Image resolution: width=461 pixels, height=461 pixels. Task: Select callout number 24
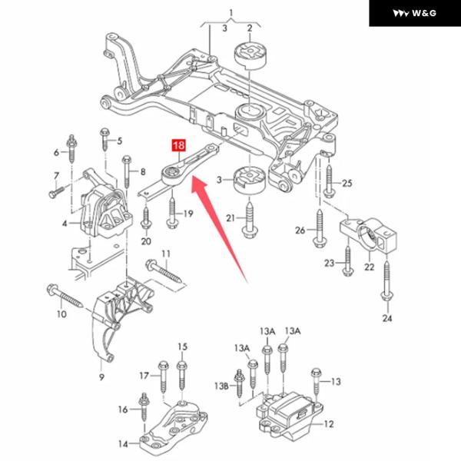click(x=386, y=317)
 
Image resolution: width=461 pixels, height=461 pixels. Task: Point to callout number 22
click(x=369, y=267)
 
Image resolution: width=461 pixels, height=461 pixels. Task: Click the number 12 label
click(x=329, y=423)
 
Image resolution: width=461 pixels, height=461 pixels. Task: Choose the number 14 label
click(x=123, y=444)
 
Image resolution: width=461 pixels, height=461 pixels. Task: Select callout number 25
click(x=347, y=183)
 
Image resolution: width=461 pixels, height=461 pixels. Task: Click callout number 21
click(x=230, y=219)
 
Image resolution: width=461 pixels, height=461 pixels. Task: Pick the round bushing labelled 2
click(x=249, y=58)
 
